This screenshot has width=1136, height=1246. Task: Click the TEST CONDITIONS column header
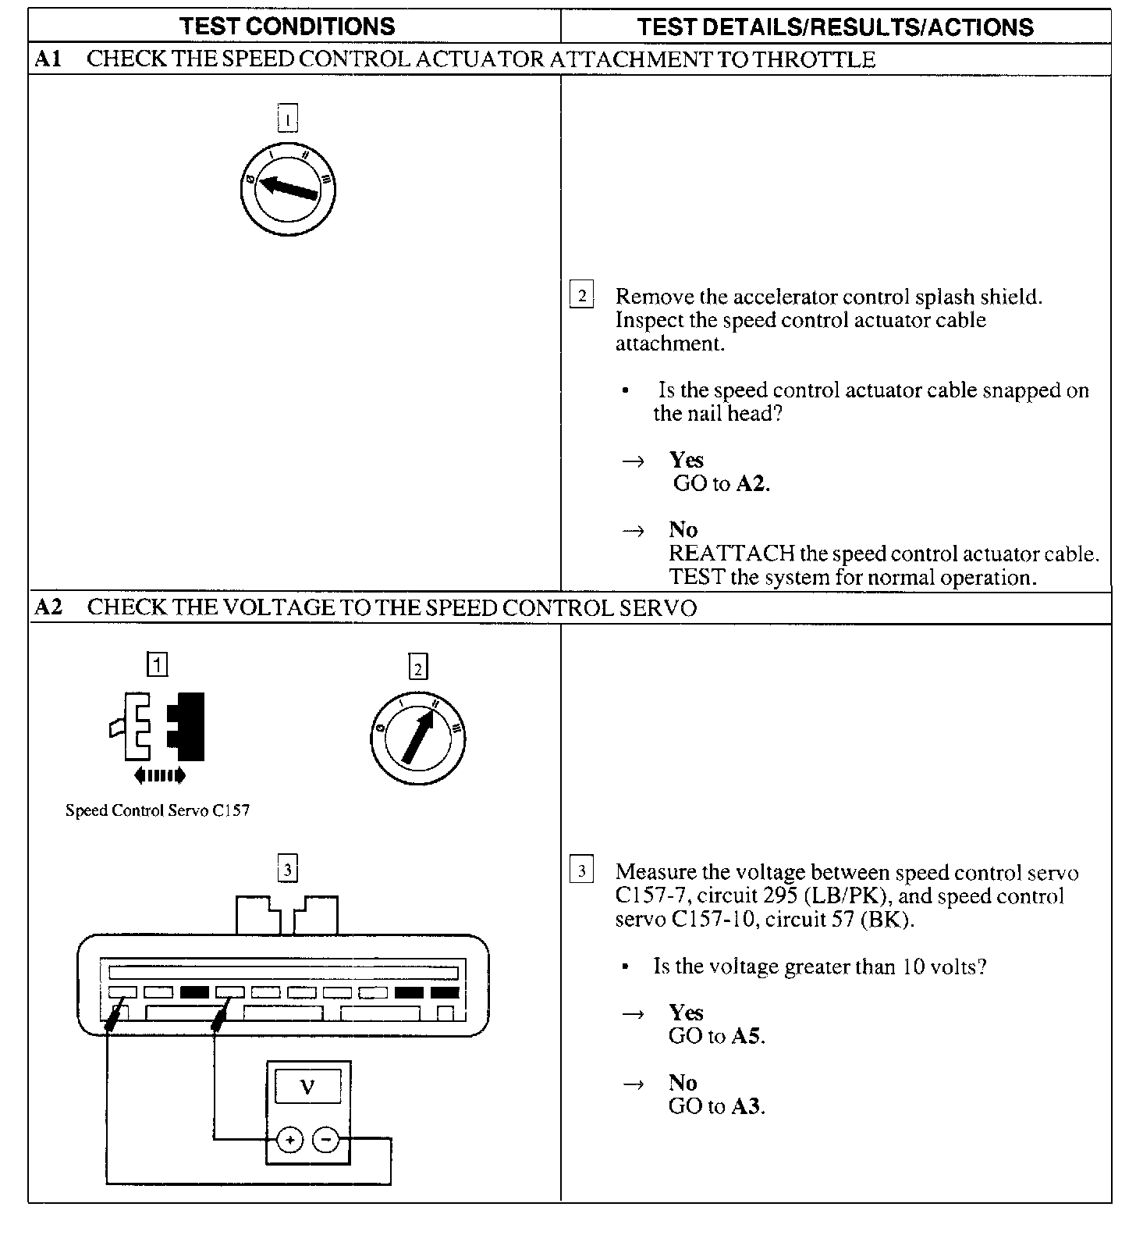coord(288,27)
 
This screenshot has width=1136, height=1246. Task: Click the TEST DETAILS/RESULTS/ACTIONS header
coord(835,27)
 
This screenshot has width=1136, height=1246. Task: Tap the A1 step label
coord(48,59)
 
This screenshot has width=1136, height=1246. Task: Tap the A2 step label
coord(48,607)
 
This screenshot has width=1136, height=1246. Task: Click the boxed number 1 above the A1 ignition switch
coord(288,119)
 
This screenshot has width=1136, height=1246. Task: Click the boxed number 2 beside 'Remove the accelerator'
coord(581,295)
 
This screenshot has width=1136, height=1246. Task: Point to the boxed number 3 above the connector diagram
coord(288,869)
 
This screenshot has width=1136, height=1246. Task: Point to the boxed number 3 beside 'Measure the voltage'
coord(581,870)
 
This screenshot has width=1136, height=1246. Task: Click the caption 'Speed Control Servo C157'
coord(158,810)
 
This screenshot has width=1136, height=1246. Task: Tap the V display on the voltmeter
coord(307,1087)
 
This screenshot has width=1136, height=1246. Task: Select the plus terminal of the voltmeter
coord(290,1141)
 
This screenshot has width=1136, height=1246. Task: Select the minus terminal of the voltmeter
coord(325,1141)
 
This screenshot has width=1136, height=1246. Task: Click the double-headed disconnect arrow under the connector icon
coord(160,775)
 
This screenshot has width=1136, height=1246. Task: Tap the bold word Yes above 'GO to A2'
coord(686,460)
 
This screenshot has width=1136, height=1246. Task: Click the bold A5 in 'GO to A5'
coord(747,1036)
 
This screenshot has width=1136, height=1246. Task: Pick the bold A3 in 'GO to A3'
coord(747,1106)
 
